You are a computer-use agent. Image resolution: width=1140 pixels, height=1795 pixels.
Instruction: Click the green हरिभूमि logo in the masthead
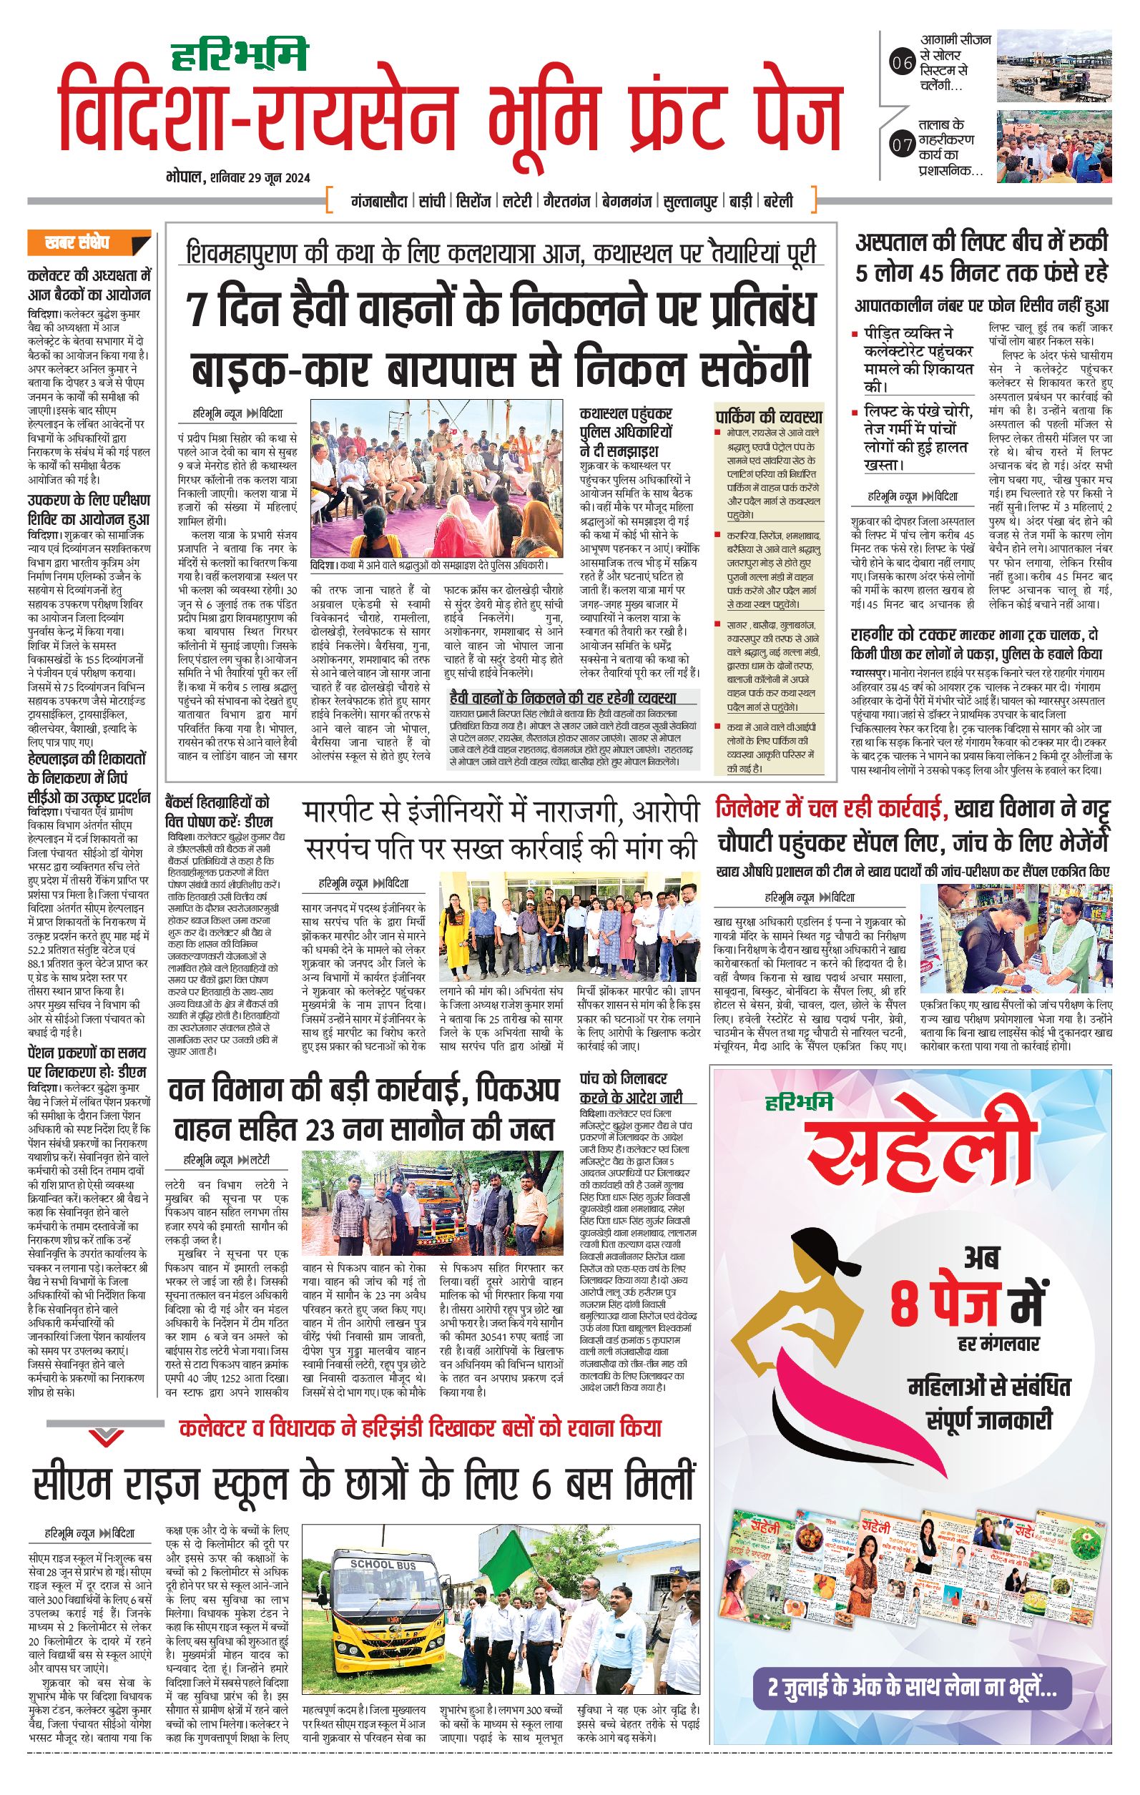click(239, 55)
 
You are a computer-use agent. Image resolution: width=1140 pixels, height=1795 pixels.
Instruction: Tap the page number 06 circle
click(902, 64)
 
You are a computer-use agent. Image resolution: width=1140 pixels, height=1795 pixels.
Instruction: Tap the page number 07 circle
click(902, 144)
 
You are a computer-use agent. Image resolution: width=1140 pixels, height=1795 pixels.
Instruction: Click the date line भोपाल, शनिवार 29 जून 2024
click(239, 177)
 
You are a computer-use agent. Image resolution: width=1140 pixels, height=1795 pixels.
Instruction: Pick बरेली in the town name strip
click(777, 201)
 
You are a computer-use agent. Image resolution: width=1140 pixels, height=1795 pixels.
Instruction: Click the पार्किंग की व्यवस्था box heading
click(768, 416)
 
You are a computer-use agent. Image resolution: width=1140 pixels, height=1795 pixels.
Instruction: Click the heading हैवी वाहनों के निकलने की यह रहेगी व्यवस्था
click(563, 698)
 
